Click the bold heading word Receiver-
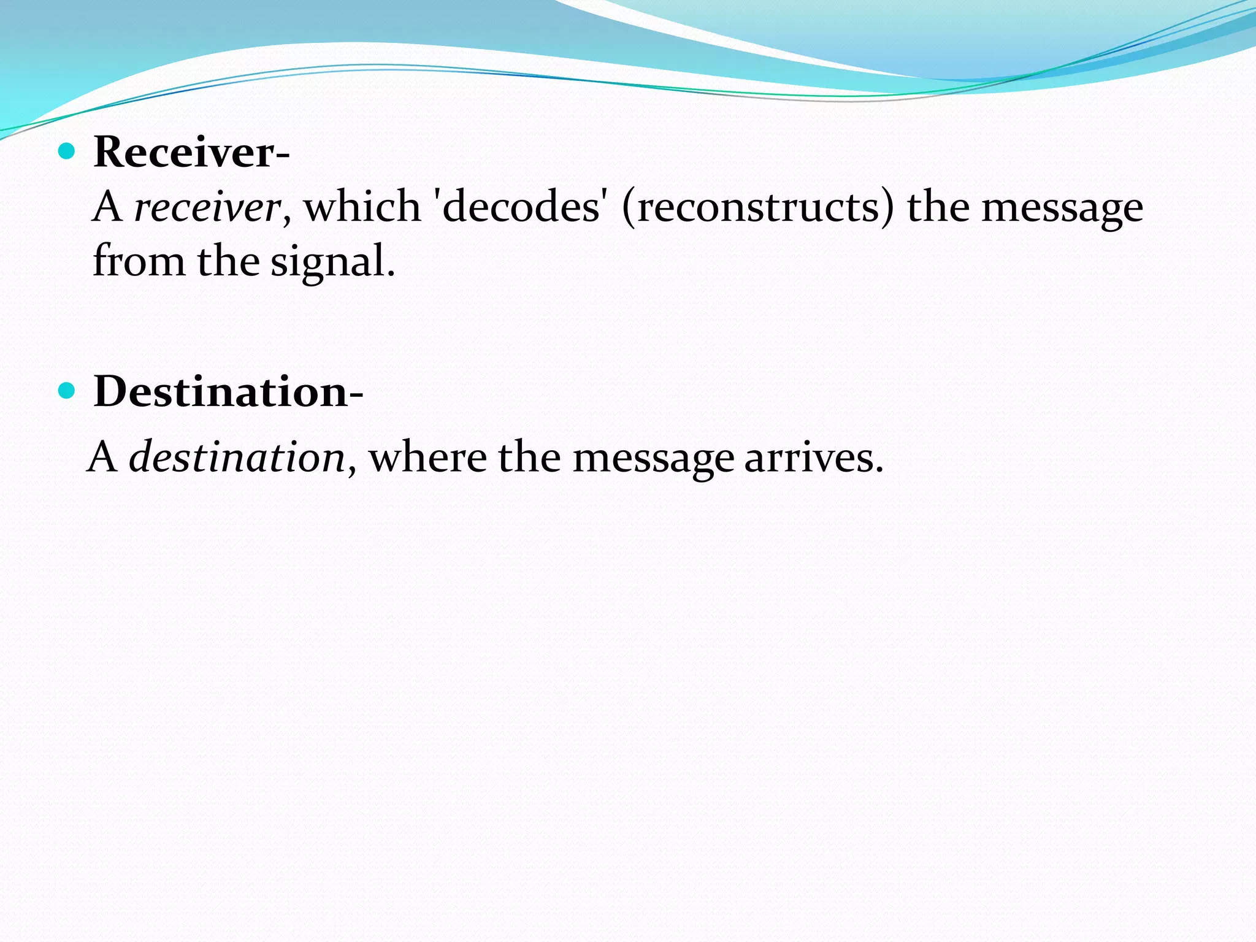pyautogui.click(x=191, y=151)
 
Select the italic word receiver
pyautogui.click(x=207, y=207)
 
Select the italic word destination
pyautogui.click(x=237, y=458)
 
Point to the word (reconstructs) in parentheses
pyautogui.click(x=758, y=207)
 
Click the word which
pyautogui.click(x=362, y=207)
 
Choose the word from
pyautogui.click(x=139, y=261)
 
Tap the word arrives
pyautogui.click(x=814, y=458)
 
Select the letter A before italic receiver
pyautogui.click(x=108, y=207)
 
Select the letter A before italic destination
pyautogui.click(x=103, y=458)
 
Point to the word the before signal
pyautogui.click(x=228, y=261)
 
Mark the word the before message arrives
pyautogui.click(x=529, y=458)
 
